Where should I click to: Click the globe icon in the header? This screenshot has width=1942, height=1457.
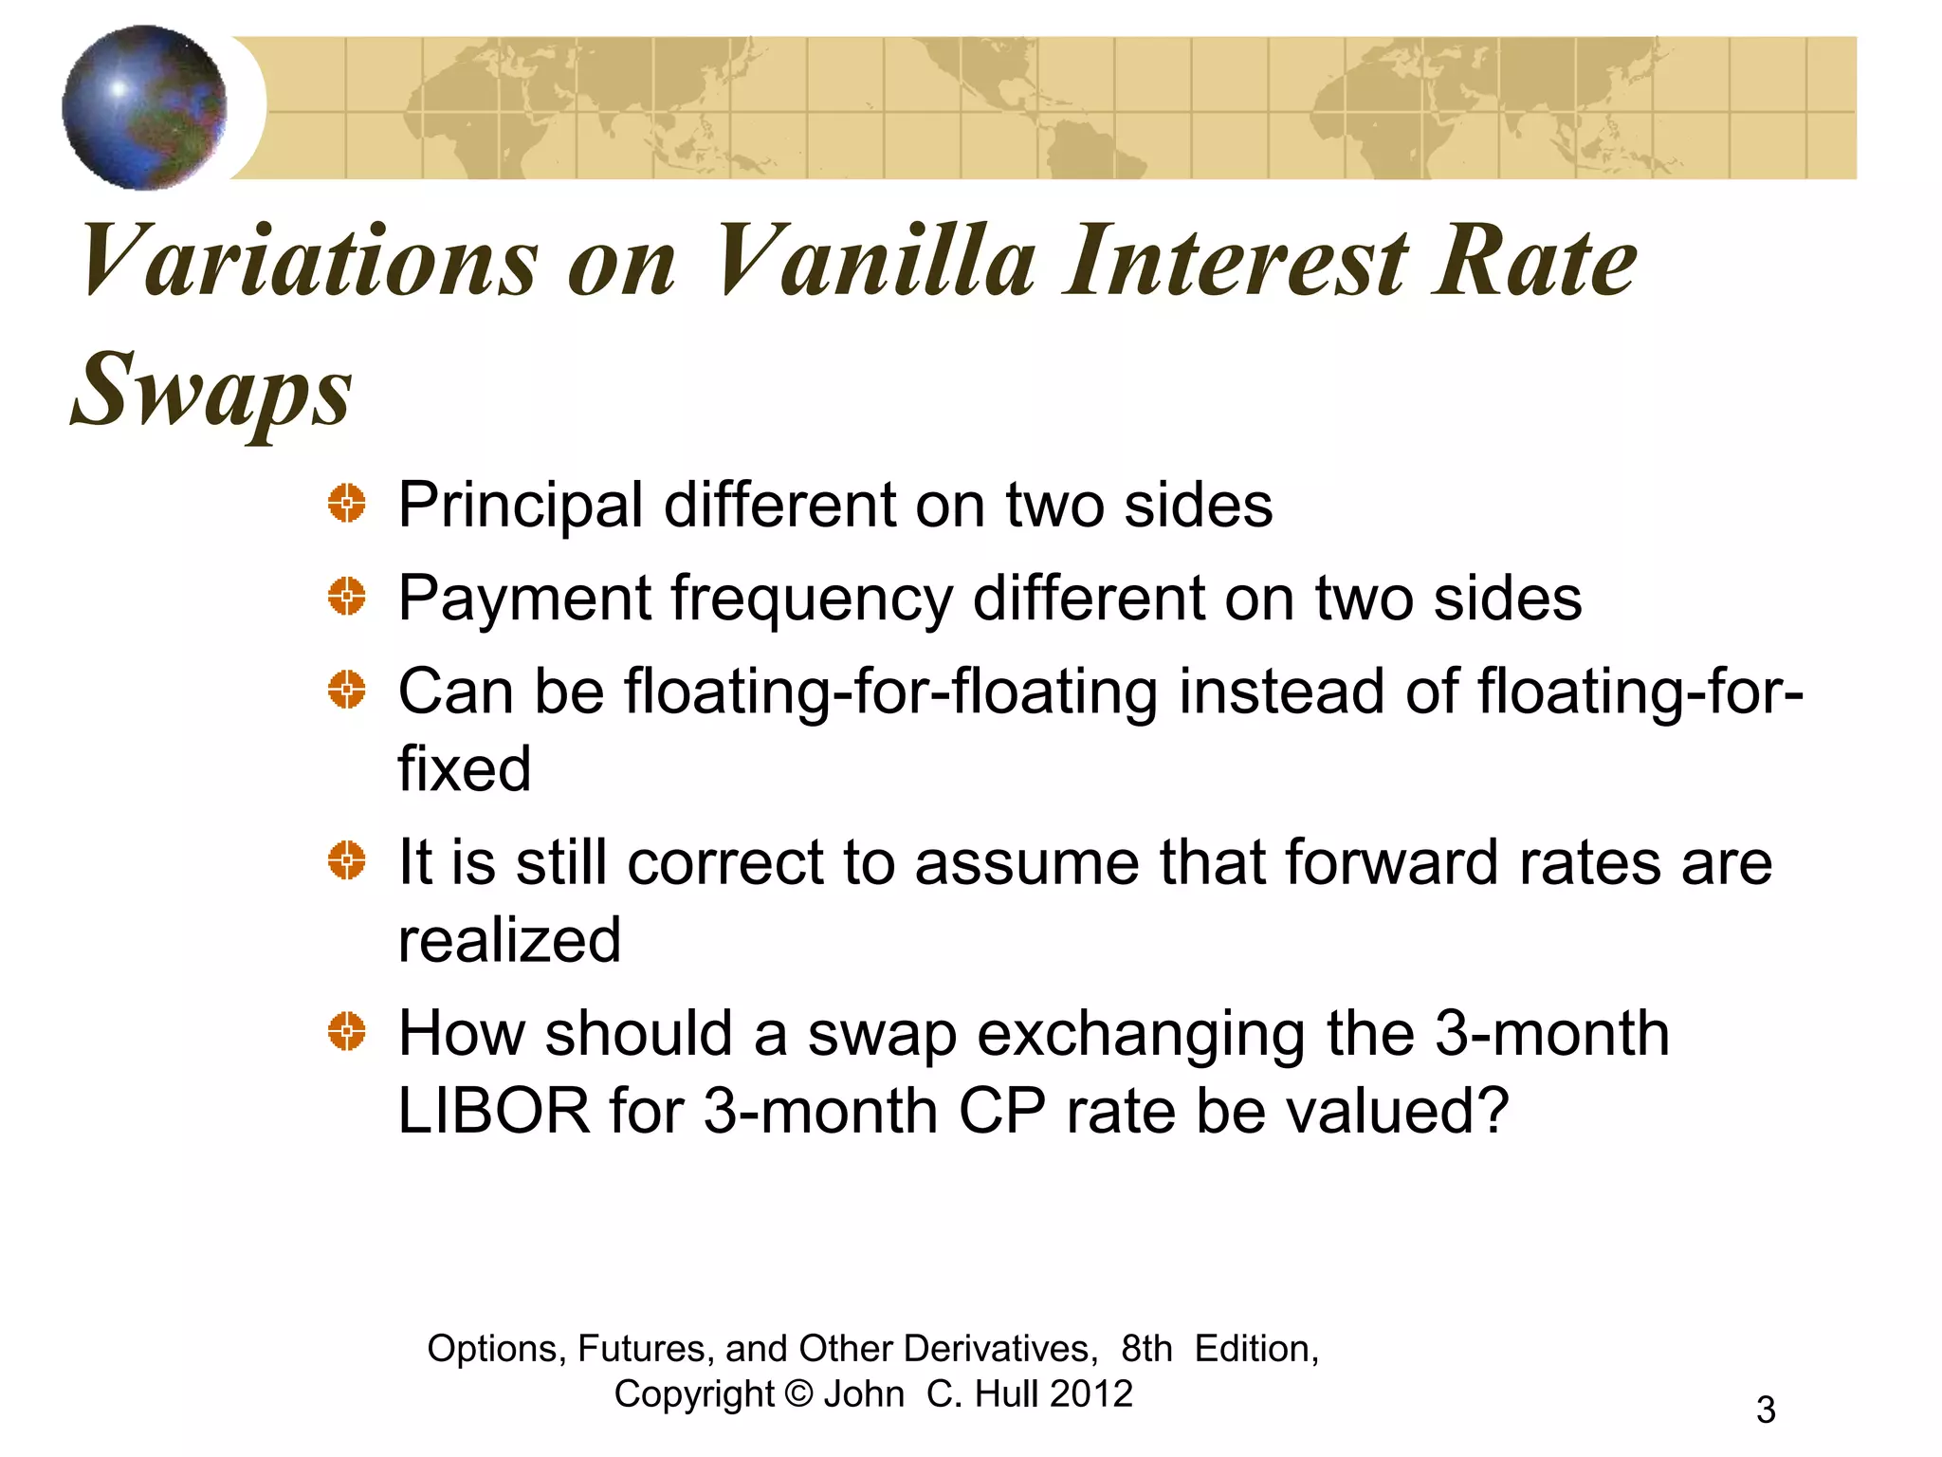pyautogui.click(x=144, y=107)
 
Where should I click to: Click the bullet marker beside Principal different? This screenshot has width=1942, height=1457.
pyautogui.click(x=347, y=503)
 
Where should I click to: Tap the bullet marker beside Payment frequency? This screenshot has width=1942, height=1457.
pyautogui.click(x=347, y=597)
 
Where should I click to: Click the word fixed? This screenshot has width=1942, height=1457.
pyautogui.click(x=464, y=768)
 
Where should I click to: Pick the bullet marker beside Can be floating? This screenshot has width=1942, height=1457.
pyautogui.click(x=347, y=690)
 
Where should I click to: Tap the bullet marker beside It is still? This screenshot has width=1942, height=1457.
pyautogui.click(x=347, y=861)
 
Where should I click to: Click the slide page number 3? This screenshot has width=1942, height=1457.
pyautogui.click(x=1766, y=1410)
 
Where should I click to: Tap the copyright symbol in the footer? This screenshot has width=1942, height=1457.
pyautogui.click(x=799, y=1394)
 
